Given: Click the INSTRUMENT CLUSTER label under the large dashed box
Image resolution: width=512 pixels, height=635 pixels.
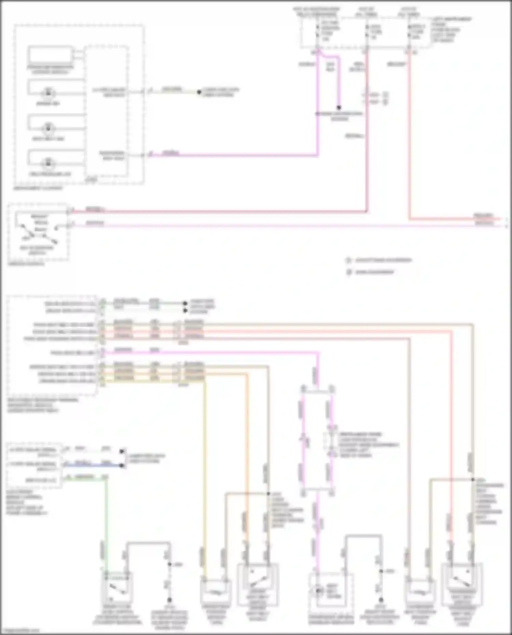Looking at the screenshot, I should point(38,188).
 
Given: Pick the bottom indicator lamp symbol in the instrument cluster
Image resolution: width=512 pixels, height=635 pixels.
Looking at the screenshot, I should point(48,163).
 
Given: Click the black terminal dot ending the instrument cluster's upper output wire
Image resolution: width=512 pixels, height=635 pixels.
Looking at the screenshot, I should point(199,92).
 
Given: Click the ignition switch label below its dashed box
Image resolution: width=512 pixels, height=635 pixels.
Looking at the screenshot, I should point(26,264).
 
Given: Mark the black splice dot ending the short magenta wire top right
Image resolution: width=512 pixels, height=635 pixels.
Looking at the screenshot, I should point(339,107).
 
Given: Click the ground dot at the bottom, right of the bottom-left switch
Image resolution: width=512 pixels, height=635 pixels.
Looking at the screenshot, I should point(169,600).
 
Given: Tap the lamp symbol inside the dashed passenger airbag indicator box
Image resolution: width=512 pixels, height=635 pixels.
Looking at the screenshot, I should point(318,591).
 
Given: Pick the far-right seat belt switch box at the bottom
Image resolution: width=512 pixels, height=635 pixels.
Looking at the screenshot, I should point(462,584).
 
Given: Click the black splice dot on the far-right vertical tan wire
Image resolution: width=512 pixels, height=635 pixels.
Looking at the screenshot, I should point(473,479).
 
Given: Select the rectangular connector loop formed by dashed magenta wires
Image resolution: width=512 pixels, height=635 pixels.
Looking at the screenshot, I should point(317,440).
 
